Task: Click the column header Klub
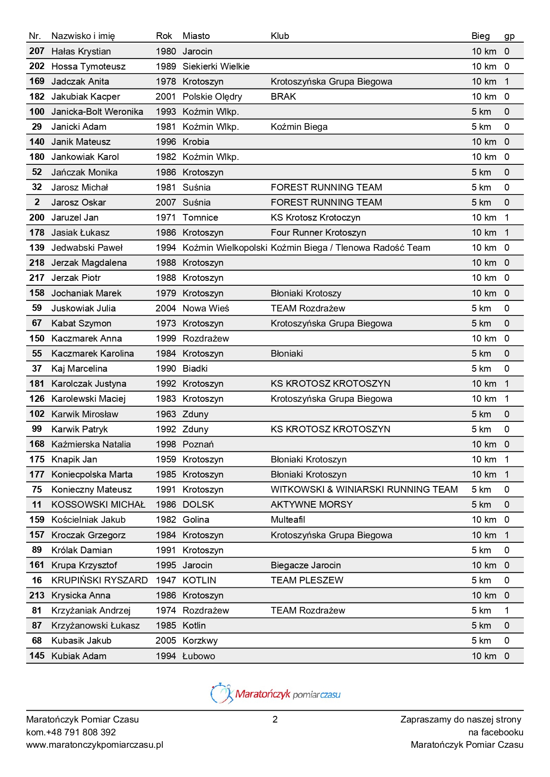click(x=280, y=36)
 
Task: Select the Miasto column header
click(x=196, y=36)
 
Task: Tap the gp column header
click(x=509, y=36)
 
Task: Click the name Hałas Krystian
click(x=81, y=51)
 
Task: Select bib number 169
click(x=37, y=82)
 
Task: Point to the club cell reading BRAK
click(x=283, y=97)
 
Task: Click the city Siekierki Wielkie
click(x=216, y=66)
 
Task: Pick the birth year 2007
click(x=166, y=202)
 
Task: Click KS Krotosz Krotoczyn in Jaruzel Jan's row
click(x=315, y=218)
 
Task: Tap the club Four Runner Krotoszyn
click(x=318, y=233)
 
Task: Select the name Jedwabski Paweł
click(x=87, y=248)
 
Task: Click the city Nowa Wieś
click(x=206, y=308)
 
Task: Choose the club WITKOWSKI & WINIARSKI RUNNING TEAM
click(x=364, y=490)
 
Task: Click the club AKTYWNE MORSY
click(x=312, y=505)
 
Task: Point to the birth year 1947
click(x=166, y=580)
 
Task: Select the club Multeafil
click(x=288, y=520)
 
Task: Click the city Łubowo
click(x=199, y=656)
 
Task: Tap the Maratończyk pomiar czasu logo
click(x=275, y=694)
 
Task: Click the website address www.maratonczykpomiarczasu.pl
click(x=94, y=745)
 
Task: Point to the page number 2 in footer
click(x=275, y=719)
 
